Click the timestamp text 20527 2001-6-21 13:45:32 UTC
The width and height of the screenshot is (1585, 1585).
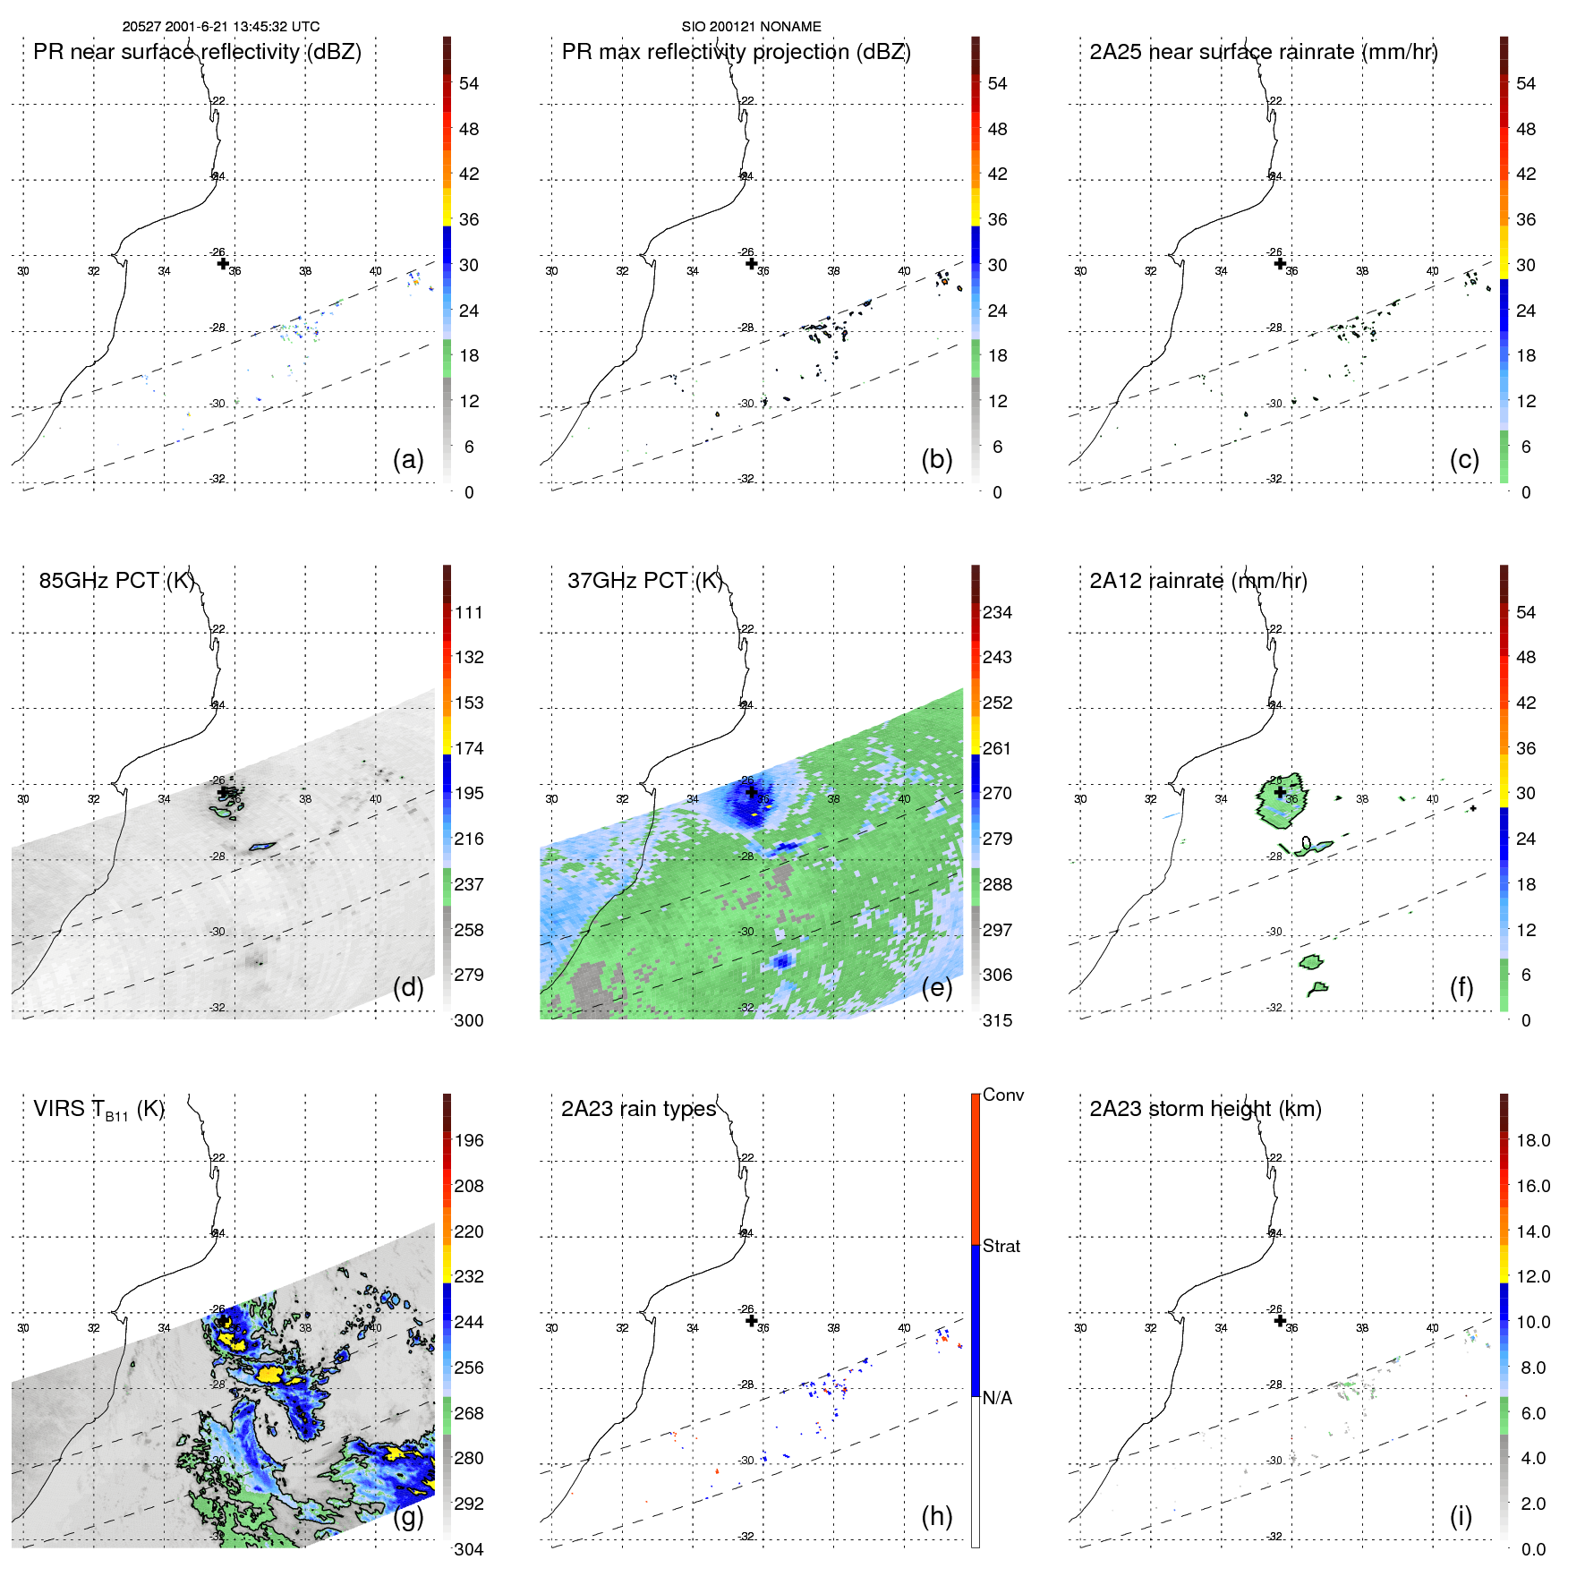[x=220, y=27]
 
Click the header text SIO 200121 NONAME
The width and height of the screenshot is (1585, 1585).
[x=751, y=27]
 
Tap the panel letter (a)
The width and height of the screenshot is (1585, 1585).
[x=408, y=459]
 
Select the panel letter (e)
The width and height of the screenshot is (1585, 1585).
[x=936, y=987]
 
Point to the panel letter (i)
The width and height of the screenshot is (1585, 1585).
[x=1461, y=1516]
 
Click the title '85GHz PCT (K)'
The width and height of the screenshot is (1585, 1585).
[x=116, y=580]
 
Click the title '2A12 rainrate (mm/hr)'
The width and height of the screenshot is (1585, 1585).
[x=1197, y=580]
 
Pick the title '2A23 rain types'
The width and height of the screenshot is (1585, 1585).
[x=638, y=1109]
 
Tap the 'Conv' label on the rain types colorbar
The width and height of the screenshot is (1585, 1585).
[x=1002, y=1095]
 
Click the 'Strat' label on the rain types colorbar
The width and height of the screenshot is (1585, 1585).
[x=1001, y=1246]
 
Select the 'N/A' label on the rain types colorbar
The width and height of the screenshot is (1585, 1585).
[x=997, y=1398]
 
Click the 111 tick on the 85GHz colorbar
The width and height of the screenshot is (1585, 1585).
[x=469, y=612]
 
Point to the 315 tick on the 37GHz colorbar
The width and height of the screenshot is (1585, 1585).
[x=997, y=1020]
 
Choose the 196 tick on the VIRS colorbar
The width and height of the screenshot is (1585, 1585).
[x=469, y=1140]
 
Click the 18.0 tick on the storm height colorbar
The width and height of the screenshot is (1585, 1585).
[x=1532, y=1140]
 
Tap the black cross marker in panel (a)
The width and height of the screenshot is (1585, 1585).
[x=223, y=263]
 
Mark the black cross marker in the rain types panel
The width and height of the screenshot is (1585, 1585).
[x=751, y=1320]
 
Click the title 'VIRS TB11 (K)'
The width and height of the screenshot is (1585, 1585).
[x=98, y=1110]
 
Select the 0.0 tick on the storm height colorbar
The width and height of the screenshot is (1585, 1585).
[x=1532, y=1549]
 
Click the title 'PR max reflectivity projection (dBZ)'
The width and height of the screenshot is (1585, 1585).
[x=736, y=52]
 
